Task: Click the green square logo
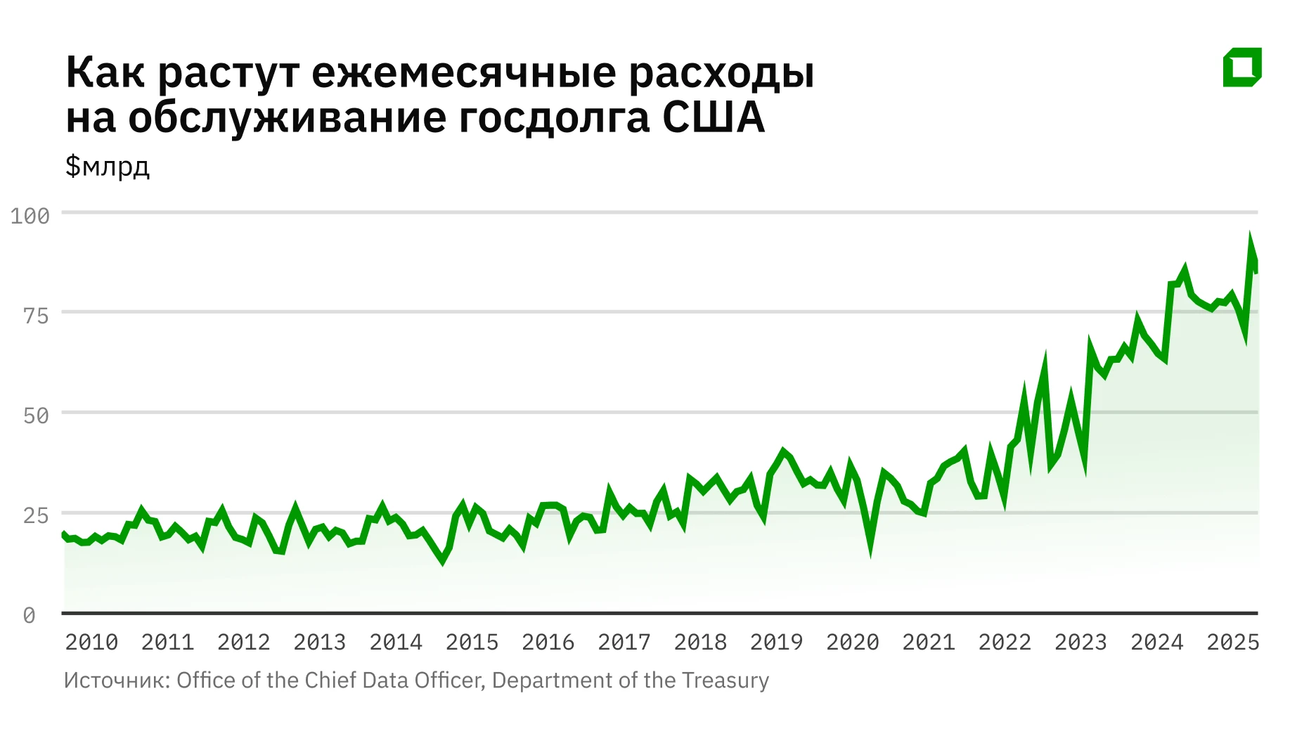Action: (1242, 67)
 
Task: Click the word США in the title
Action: (713, 117)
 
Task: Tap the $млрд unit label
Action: (108, 167)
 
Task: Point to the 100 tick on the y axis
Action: (30, 216)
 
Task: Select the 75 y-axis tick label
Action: (36, 316)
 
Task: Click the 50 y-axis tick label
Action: (36, 415)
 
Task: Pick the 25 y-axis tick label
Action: (36, 515)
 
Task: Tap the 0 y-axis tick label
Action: (29, 616)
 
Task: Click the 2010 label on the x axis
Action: (91, 642)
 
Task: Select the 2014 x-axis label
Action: (396, 642)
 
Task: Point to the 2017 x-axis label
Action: (624, 642)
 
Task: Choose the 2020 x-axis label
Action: (853, 642)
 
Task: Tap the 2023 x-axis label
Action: (1080, 642)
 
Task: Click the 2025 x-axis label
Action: (1233, 642)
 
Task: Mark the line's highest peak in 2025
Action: (1251, 238)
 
